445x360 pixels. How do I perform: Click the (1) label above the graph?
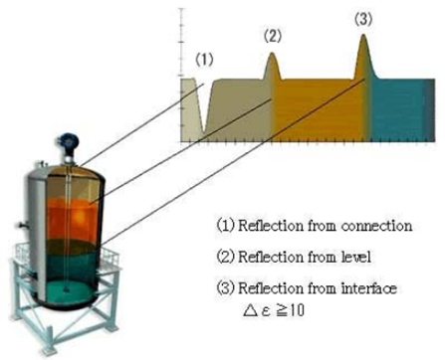point(205,59)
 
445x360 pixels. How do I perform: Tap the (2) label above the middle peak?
point(273,37)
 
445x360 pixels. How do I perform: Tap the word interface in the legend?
point(369,288)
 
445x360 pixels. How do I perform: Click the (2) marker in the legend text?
point(226,258)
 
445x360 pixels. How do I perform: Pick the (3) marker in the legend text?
point(226,288)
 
